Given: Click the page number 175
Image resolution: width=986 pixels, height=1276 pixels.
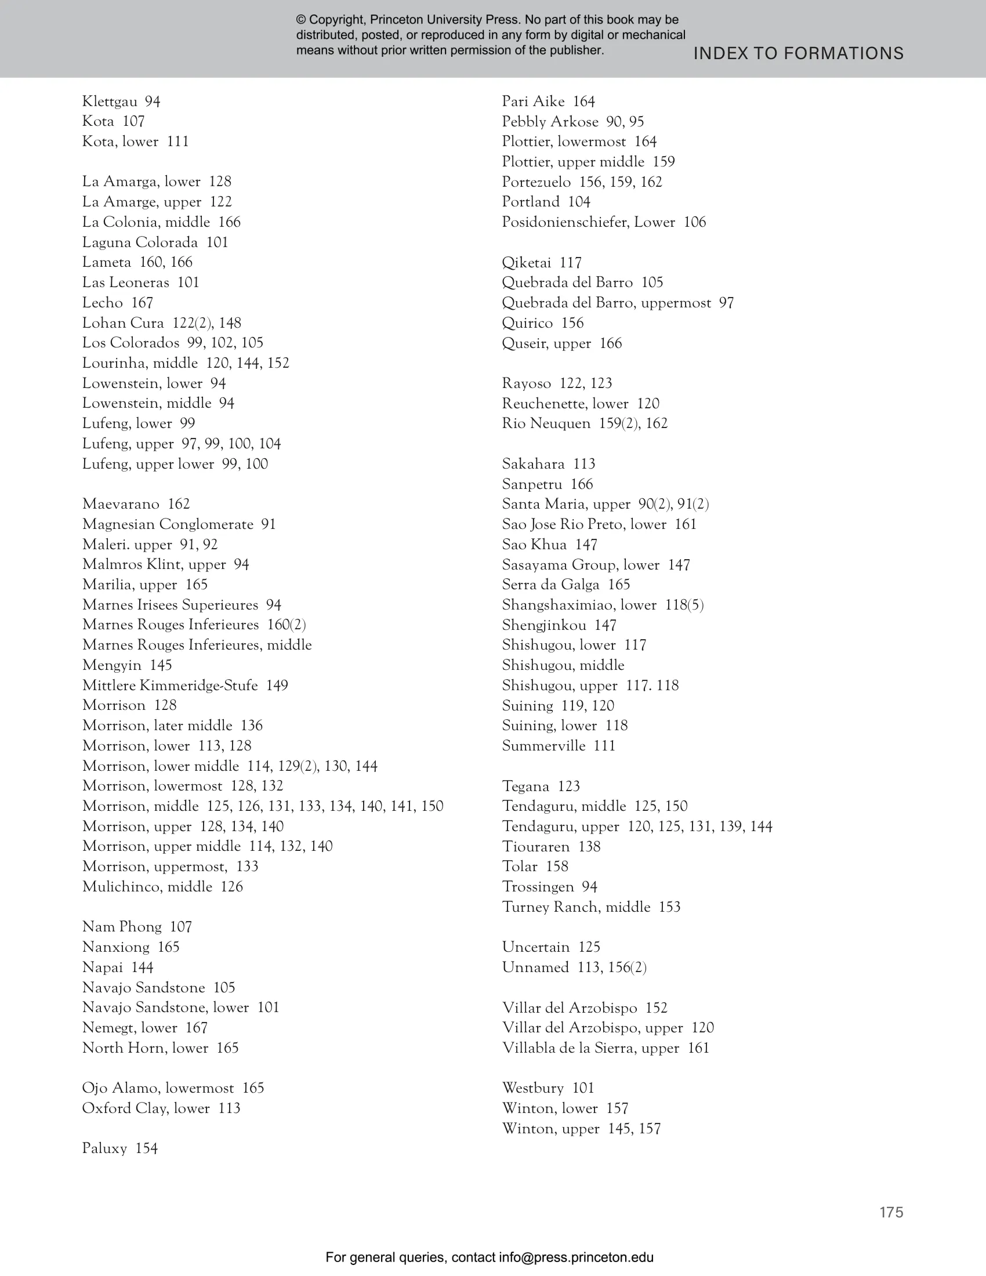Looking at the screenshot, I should click(891, 1212).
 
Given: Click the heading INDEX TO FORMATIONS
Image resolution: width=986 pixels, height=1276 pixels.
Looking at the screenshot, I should click(798, 54).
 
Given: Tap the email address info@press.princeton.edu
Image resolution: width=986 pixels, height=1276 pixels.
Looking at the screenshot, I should click(576, 1257).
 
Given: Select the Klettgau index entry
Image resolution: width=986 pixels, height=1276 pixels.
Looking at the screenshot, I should click(121, 101).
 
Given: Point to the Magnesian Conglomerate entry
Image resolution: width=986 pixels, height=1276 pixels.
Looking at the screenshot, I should click(178, 524).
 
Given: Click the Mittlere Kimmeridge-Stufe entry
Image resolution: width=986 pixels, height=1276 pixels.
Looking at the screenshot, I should click(184, 686).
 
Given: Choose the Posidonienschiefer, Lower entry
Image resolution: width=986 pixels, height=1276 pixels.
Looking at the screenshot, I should click(603, 222).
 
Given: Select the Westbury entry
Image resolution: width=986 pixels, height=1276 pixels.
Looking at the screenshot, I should click(548, 1088).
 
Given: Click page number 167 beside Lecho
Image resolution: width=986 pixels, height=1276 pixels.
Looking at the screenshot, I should click(142, 303).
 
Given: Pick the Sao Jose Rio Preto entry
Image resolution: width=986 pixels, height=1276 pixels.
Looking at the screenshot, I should click(599, 524).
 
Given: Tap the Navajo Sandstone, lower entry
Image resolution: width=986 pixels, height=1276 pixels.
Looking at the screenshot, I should click(180, 1007).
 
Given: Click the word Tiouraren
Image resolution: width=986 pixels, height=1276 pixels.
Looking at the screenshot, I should click(536, 847).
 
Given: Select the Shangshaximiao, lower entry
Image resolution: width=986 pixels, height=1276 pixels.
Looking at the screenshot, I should click(602, 605).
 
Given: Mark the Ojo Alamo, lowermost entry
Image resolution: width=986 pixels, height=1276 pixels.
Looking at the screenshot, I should click(173, 1088).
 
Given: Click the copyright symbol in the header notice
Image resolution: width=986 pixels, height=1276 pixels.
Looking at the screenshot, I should click(301, 20).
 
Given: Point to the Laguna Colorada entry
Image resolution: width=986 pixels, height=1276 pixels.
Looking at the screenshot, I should click(155, 242).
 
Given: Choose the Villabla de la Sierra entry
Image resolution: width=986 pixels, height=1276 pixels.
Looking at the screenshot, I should click(605, 1047).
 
